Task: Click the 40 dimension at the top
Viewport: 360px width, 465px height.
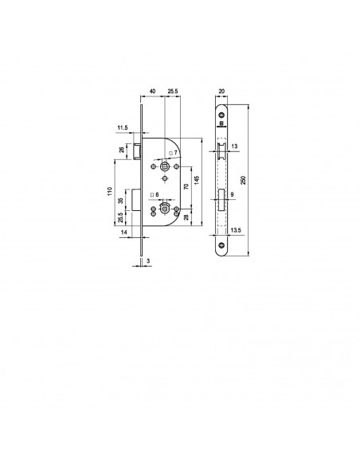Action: [152, 92]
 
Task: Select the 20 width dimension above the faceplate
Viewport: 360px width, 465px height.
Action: [221, 92]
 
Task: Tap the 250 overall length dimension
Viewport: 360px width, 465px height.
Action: [243, 180]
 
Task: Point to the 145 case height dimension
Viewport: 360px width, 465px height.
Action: [197, 180]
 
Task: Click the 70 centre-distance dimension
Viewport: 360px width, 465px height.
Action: [186, 186]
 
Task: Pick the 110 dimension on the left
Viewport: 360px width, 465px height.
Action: [110, 190]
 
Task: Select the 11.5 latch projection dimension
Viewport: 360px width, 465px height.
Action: [123, 128]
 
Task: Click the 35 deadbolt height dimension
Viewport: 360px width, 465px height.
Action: [120, 201]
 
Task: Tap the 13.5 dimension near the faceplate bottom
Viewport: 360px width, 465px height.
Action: [235, 230]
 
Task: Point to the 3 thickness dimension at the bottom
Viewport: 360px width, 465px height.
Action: [148, 260]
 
